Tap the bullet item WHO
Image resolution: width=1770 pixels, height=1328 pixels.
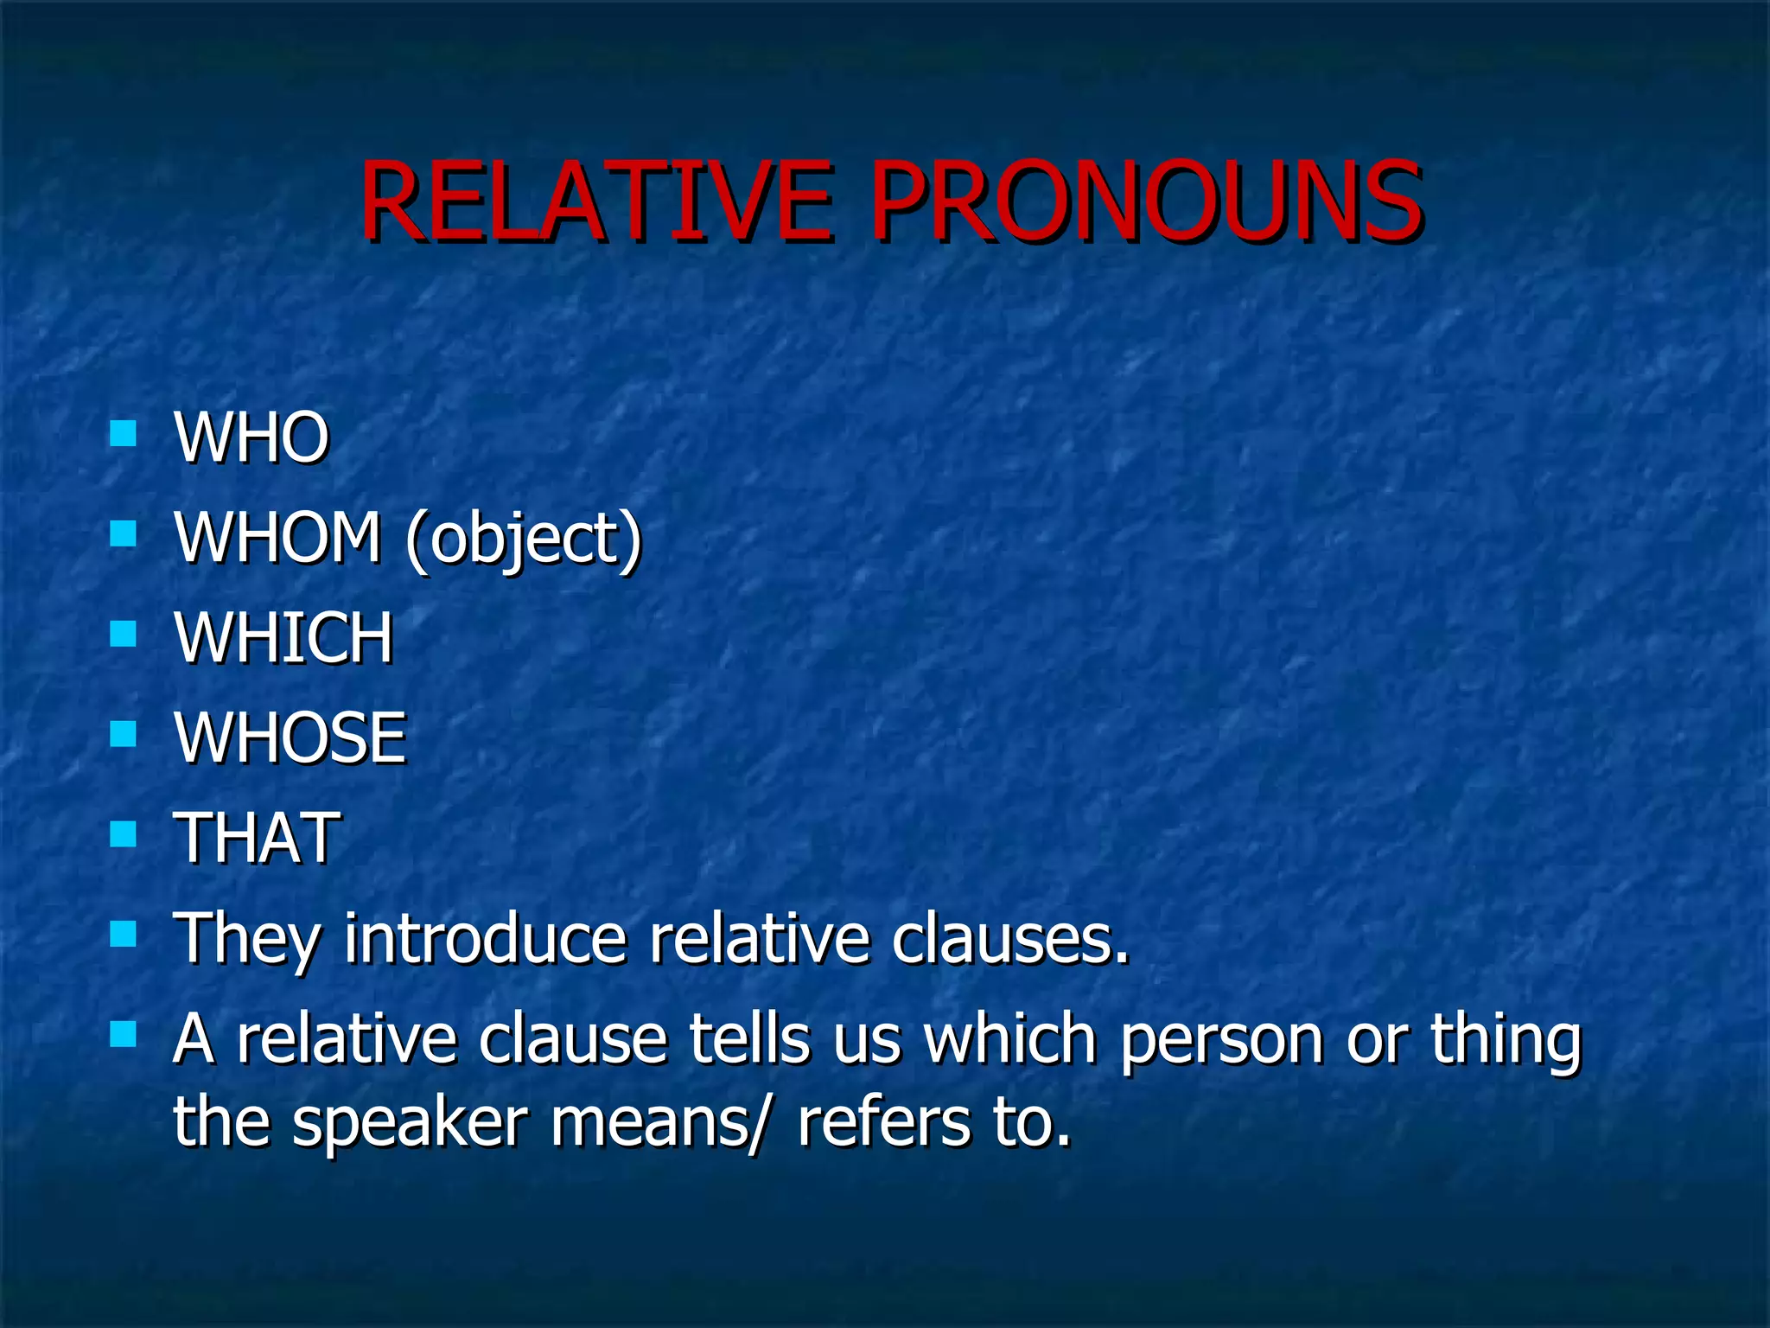click(251, 437)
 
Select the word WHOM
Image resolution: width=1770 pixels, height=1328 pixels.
click(277, 537)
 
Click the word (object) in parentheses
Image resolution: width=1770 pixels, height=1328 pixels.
click(524, 539)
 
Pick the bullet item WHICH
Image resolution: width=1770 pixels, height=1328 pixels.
click(283, 638)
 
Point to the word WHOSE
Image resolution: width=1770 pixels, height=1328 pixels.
click(290, 738)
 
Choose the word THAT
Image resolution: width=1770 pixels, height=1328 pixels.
click(257, 838)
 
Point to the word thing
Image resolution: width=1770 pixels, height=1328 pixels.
click(1506, 1040)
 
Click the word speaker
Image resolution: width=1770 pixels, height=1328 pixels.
click(410, 1123)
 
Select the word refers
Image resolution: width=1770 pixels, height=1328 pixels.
click(882, 1121)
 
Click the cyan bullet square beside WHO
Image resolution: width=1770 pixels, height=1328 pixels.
click(124, 433)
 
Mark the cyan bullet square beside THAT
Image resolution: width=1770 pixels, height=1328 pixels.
click(124, 834)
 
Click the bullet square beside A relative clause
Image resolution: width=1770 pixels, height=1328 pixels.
click(124, 1034)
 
